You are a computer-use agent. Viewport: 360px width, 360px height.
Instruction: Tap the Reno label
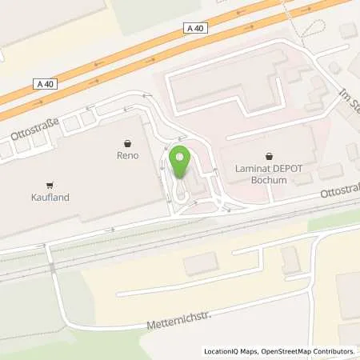128,155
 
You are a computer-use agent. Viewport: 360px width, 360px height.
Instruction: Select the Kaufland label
51,194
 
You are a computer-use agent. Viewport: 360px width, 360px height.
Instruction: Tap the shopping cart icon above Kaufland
51,182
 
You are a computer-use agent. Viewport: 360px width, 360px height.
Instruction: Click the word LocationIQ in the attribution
223,351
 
